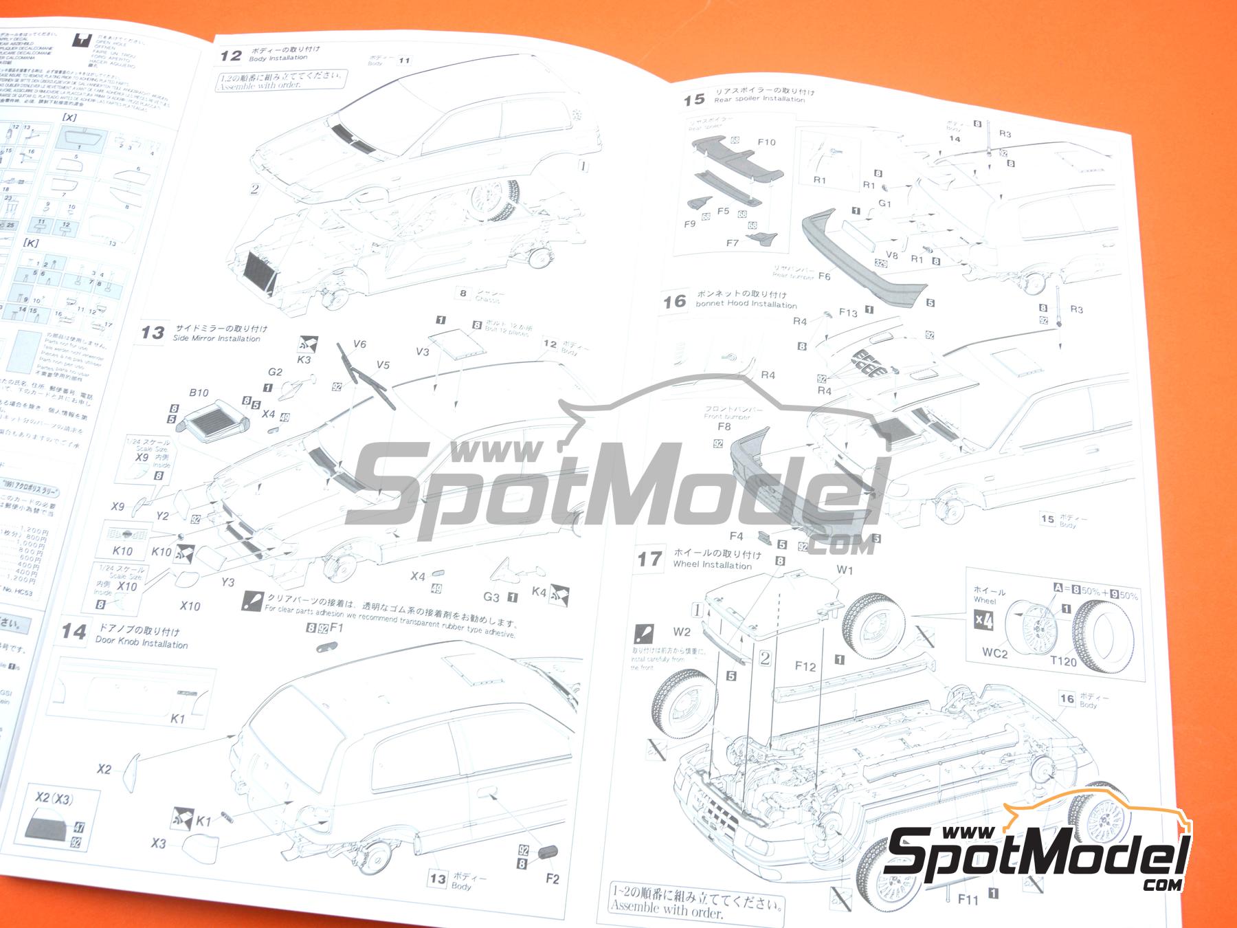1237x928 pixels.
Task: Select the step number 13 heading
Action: coord(152,333)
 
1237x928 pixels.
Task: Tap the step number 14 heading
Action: coord(74,631)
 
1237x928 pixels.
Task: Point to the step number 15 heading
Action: coord(694,99)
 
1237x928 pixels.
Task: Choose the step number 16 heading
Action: coord(675,301)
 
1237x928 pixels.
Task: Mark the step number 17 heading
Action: coord(649,559)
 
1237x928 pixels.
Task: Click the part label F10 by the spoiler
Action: coord(766,142)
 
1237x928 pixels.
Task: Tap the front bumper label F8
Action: coord(724,426)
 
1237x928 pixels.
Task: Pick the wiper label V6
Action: coord(359,344)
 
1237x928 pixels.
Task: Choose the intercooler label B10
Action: coord(199,393)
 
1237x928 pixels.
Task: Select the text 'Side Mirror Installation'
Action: coord(216,338)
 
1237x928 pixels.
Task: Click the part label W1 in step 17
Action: coord(845,570)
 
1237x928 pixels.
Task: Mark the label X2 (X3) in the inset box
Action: coord(54,799)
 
